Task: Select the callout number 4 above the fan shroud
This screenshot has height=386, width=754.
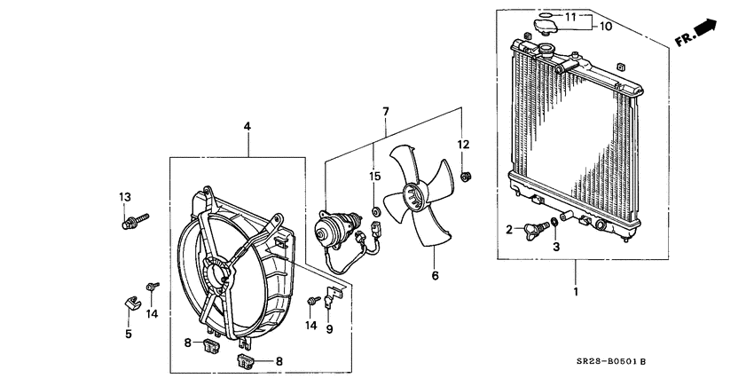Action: coord(247,128)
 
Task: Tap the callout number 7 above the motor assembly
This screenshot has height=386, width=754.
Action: coord(386,112)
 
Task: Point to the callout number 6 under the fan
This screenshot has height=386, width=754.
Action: coord(435,276)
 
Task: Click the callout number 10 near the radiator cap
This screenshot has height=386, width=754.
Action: coord(606,27)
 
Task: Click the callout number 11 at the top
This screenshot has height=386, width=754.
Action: coord(570,16)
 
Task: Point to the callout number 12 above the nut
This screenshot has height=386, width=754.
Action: coord(462,144)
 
